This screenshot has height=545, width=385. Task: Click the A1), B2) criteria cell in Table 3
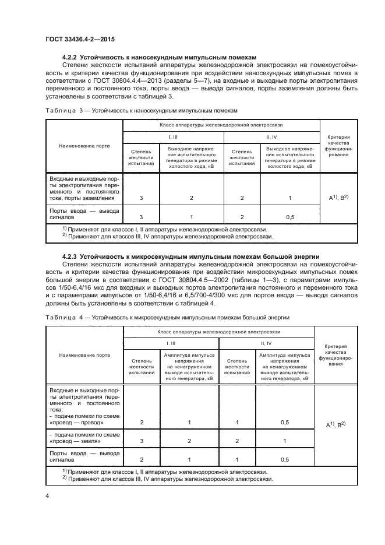(x=338, y=198)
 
